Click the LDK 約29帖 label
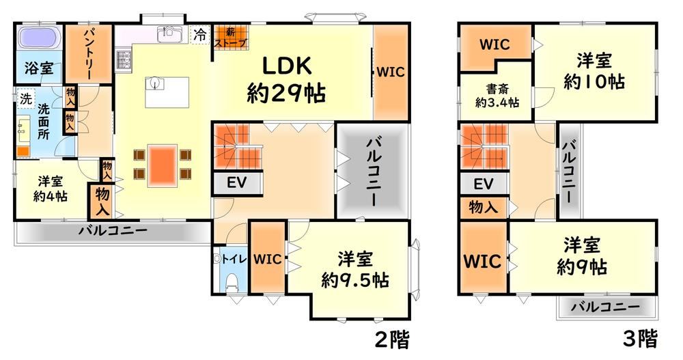pyautogui.click(x=285, y=79)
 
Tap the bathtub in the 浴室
pyautogui.click(x=39, y=40)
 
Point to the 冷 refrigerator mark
pyautogui.click(x=200, y=33)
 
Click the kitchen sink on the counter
pyautogui.click(x=167, y=34)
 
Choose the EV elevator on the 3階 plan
pyautogui.click(x=484, y=183)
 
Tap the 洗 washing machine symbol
pyautogui.click(x=25, y=98)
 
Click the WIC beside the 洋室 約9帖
pyautogui.click(x=484, y=260)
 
